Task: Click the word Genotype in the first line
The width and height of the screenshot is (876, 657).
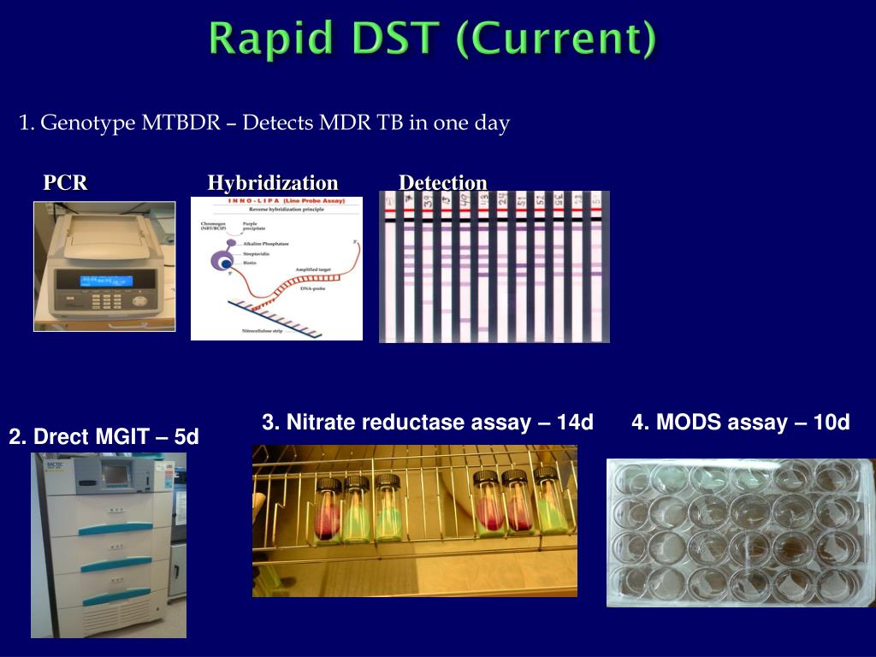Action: (88, 123)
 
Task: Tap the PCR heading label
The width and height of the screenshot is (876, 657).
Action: (66, 183)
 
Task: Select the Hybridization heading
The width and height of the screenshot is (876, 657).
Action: (273, 183)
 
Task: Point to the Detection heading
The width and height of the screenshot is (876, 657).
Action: (443, 183)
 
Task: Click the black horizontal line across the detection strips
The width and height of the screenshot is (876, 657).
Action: (494, 220)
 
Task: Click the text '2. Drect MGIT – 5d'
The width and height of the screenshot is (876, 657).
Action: (104, 437)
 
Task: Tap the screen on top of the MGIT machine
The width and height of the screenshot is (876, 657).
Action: (114, 472)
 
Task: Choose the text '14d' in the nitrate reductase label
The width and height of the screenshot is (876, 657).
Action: (574, 423)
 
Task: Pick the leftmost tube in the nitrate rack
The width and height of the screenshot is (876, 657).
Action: (328, 508)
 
